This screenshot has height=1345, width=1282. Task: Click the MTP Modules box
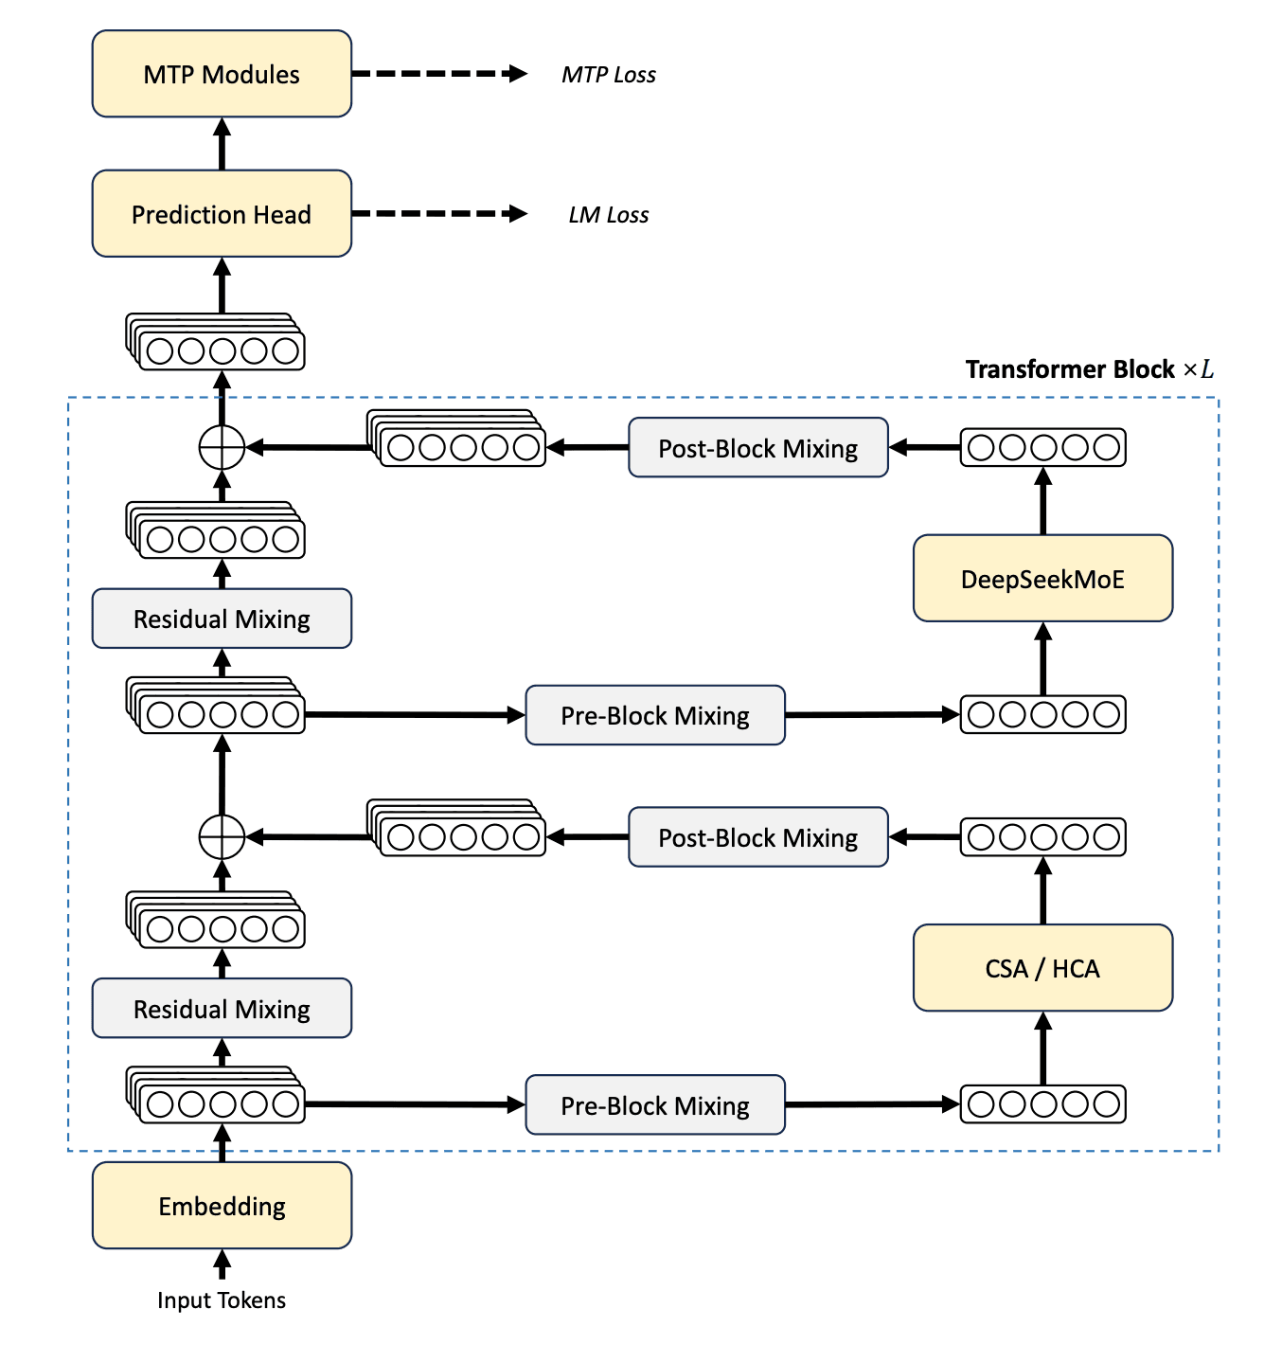click(x=222, y=74)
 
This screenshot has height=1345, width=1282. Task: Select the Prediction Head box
click(x=222, y=214)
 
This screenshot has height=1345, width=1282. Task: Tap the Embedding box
click(x=222, y=1206)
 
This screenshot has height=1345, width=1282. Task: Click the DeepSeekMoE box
click(x=1042, y=579)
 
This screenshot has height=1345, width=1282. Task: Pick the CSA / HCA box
click(x=1042, y=968)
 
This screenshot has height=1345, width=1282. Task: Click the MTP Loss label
click(x=608, y=75)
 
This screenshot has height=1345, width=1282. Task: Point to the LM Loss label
click(x=608, y=215)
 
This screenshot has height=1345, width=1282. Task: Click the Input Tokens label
click(x=222, y=1300)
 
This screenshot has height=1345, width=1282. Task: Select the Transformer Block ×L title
click(x=1089, y=369)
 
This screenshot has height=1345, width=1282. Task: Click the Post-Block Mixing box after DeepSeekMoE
click(x=757, y=448)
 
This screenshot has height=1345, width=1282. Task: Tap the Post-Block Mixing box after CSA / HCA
click(x=757, y=837)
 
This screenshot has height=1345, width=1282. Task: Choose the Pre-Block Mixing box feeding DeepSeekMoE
click(x=655, y=715)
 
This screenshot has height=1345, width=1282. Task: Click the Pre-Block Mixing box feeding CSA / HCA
click(x=655, y=1105)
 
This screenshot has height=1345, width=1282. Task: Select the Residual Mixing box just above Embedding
click(x=222, y=1009)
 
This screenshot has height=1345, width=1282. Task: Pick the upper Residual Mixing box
click(x=222, y=619)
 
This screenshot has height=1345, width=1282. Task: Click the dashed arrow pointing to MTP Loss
click(x=438, y=74)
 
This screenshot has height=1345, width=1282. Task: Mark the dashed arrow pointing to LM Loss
click(x=438, y=214)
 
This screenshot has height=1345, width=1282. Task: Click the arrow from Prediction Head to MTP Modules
click(x=222, y=144)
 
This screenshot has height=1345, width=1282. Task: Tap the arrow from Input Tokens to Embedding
click(x=222, y=1264)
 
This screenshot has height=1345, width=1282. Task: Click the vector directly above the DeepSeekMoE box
click(x=1042, y=447)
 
